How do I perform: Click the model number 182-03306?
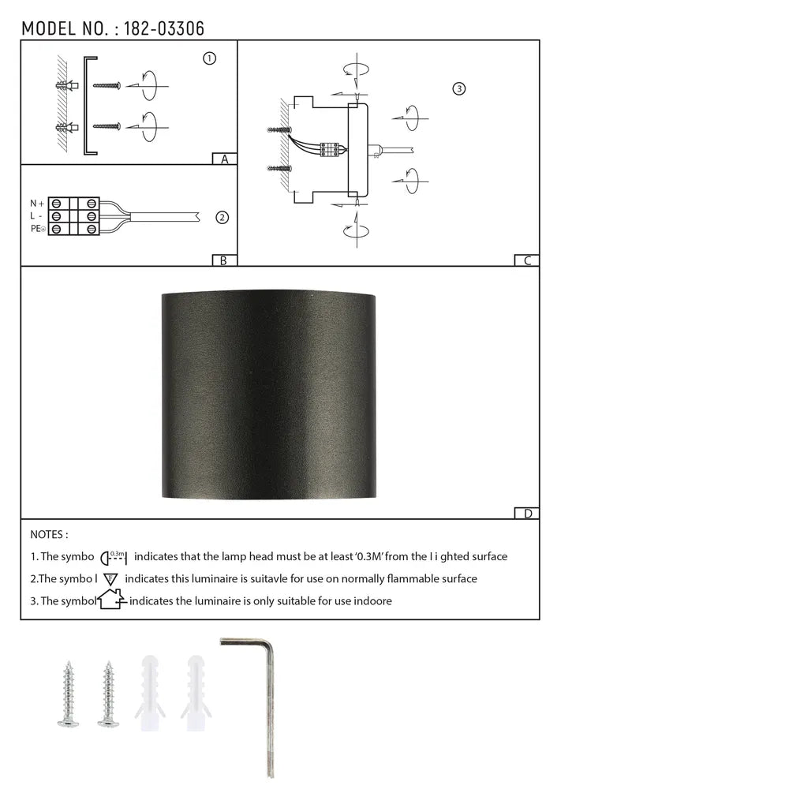[164, 29]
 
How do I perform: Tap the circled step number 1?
[209, 58]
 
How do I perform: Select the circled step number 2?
[222, 217]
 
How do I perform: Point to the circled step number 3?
[459, 88]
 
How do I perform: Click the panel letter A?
[225, 159]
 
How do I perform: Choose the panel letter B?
[224, 260]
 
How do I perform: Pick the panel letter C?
[527, 260]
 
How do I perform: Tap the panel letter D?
[527, 514]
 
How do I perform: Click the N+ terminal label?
[37, 204]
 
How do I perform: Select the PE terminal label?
[37, 229]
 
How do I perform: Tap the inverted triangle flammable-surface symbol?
[111, 578]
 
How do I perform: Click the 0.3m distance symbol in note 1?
[115, 556]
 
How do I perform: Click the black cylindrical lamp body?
[269, 394]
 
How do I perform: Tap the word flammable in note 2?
[397, 578]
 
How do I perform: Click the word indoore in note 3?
[371, 600]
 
